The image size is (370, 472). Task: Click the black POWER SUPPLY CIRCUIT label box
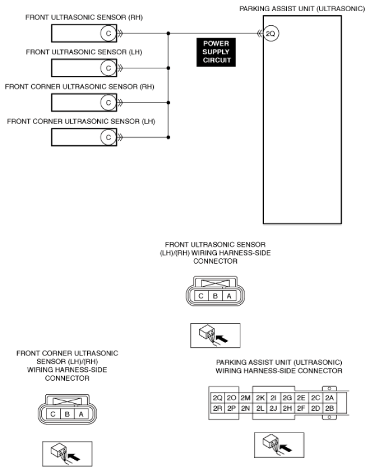point(216,52)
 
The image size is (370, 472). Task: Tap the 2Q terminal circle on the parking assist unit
point(270,34)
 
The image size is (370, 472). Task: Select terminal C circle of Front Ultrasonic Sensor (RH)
point(108,34)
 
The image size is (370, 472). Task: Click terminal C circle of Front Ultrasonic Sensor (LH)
point(108,68)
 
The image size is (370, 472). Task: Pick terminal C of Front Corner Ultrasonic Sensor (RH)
point(108,102)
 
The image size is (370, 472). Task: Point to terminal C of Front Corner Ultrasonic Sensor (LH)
point(108,137)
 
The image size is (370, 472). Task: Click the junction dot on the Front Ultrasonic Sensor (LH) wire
point(168,68)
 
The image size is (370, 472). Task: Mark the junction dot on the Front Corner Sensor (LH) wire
point(168,137)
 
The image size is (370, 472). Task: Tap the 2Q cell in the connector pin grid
point(217,398)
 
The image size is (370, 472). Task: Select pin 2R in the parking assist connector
point(217,408)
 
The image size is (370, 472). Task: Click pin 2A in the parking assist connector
point(329,398)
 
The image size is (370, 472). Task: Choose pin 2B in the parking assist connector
point(329,408)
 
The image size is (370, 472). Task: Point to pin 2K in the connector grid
point(260,398)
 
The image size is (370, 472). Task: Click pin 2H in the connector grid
point(287,408)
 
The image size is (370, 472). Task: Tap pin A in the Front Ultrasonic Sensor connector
point(229,296)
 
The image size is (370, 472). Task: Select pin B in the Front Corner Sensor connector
point(67,414)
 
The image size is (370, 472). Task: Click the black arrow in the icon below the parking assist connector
point(286,448)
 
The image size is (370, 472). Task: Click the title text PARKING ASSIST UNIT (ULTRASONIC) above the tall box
point(302,9)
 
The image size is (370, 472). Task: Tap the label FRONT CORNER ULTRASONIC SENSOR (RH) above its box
point(80,87)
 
